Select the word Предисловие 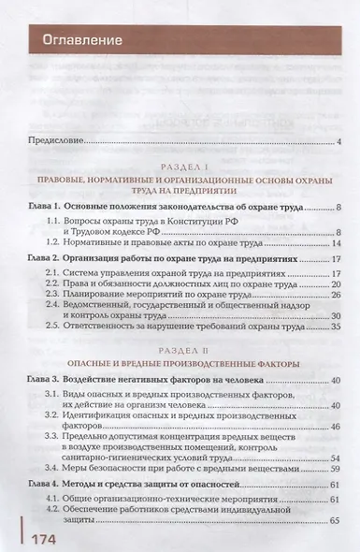[56, 142]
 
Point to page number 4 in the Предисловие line [341, 142]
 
